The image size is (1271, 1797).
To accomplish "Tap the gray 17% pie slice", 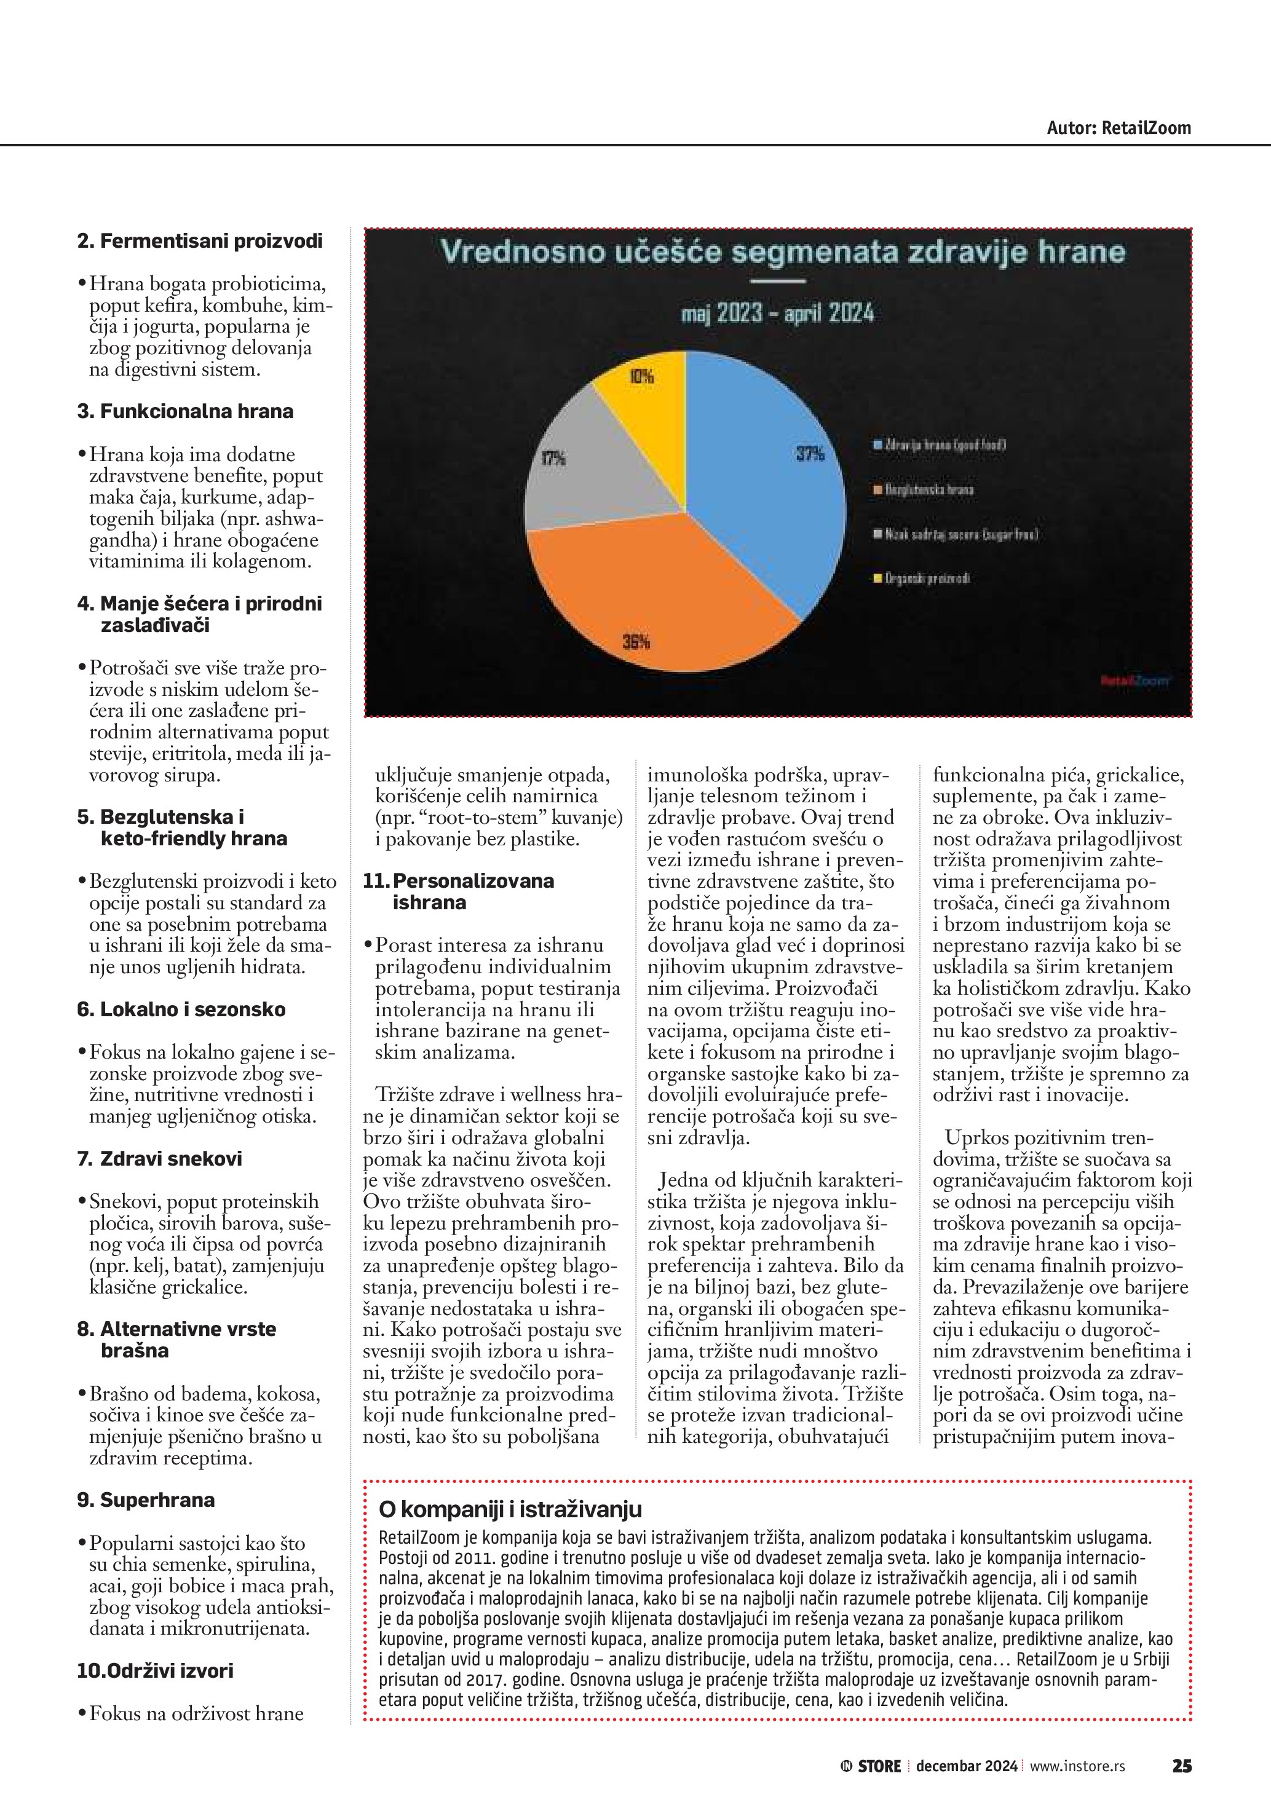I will point(587,470).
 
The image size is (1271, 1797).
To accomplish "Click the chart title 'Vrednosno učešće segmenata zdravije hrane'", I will point(782,252).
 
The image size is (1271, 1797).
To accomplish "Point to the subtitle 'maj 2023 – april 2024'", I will point(777,314).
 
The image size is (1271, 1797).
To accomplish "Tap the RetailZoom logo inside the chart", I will point(1135,681).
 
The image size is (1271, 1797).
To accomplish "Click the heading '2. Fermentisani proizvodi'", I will point(200,241).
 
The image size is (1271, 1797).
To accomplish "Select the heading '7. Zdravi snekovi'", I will point(160,1158).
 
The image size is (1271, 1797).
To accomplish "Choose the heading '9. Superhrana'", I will point(146,1499).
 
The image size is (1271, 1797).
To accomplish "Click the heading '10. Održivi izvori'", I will point(155,1670).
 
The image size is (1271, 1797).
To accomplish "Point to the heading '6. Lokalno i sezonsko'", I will point(181,1009).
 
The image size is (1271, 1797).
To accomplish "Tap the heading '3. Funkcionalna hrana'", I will point(186,412).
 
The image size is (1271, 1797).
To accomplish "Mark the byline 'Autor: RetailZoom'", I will point(1119,128).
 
